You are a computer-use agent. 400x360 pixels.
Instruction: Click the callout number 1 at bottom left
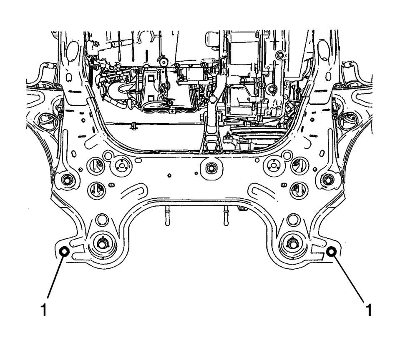(x=44, y=310)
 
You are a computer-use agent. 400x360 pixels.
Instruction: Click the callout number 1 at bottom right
(x=369, y=310)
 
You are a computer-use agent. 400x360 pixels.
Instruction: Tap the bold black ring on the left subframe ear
(x=64, y=252)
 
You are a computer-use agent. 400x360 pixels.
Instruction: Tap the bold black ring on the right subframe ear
(x=331, y=252)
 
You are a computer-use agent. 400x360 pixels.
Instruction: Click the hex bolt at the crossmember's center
(x=211, y=168)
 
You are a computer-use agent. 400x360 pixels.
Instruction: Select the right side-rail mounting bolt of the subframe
(x=328, y=179)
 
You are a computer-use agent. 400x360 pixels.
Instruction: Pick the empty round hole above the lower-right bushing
(x=293, y=219)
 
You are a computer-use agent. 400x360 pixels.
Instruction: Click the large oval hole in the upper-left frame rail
(x=73, y=50)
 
